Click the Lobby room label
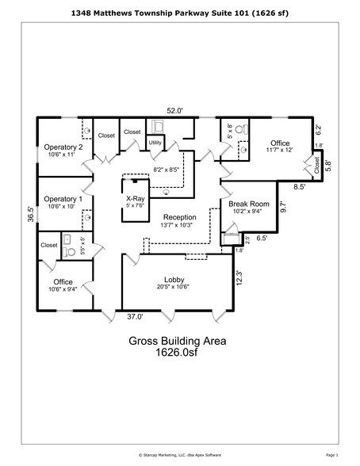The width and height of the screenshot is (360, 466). (x=174, y=280)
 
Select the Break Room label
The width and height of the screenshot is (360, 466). (x=249, y=204)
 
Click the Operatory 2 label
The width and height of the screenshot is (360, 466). (x=63, y=147)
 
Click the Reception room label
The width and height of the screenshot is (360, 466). (x=180, y=217)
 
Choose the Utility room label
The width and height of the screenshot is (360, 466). (x=155, y=143)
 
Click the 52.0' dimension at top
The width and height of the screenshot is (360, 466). (x=174, y=112)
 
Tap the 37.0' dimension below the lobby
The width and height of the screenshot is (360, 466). (x=134, y=317)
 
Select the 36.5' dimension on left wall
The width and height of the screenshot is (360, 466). (x=31, y=214)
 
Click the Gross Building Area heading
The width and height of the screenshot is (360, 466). (x=178, y=342)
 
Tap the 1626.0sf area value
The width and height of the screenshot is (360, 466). (x=178, y=356)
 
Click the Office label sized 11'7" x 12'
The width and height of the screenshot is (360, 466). (x=280, y=143)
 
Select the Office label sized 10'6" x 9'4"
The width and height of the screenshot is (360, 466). (x=63, y=281)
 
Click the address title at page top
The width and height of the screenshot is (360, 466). (x=179, y=13)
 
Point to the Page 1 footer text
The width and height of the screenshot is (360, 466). (x=331, y=456)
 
